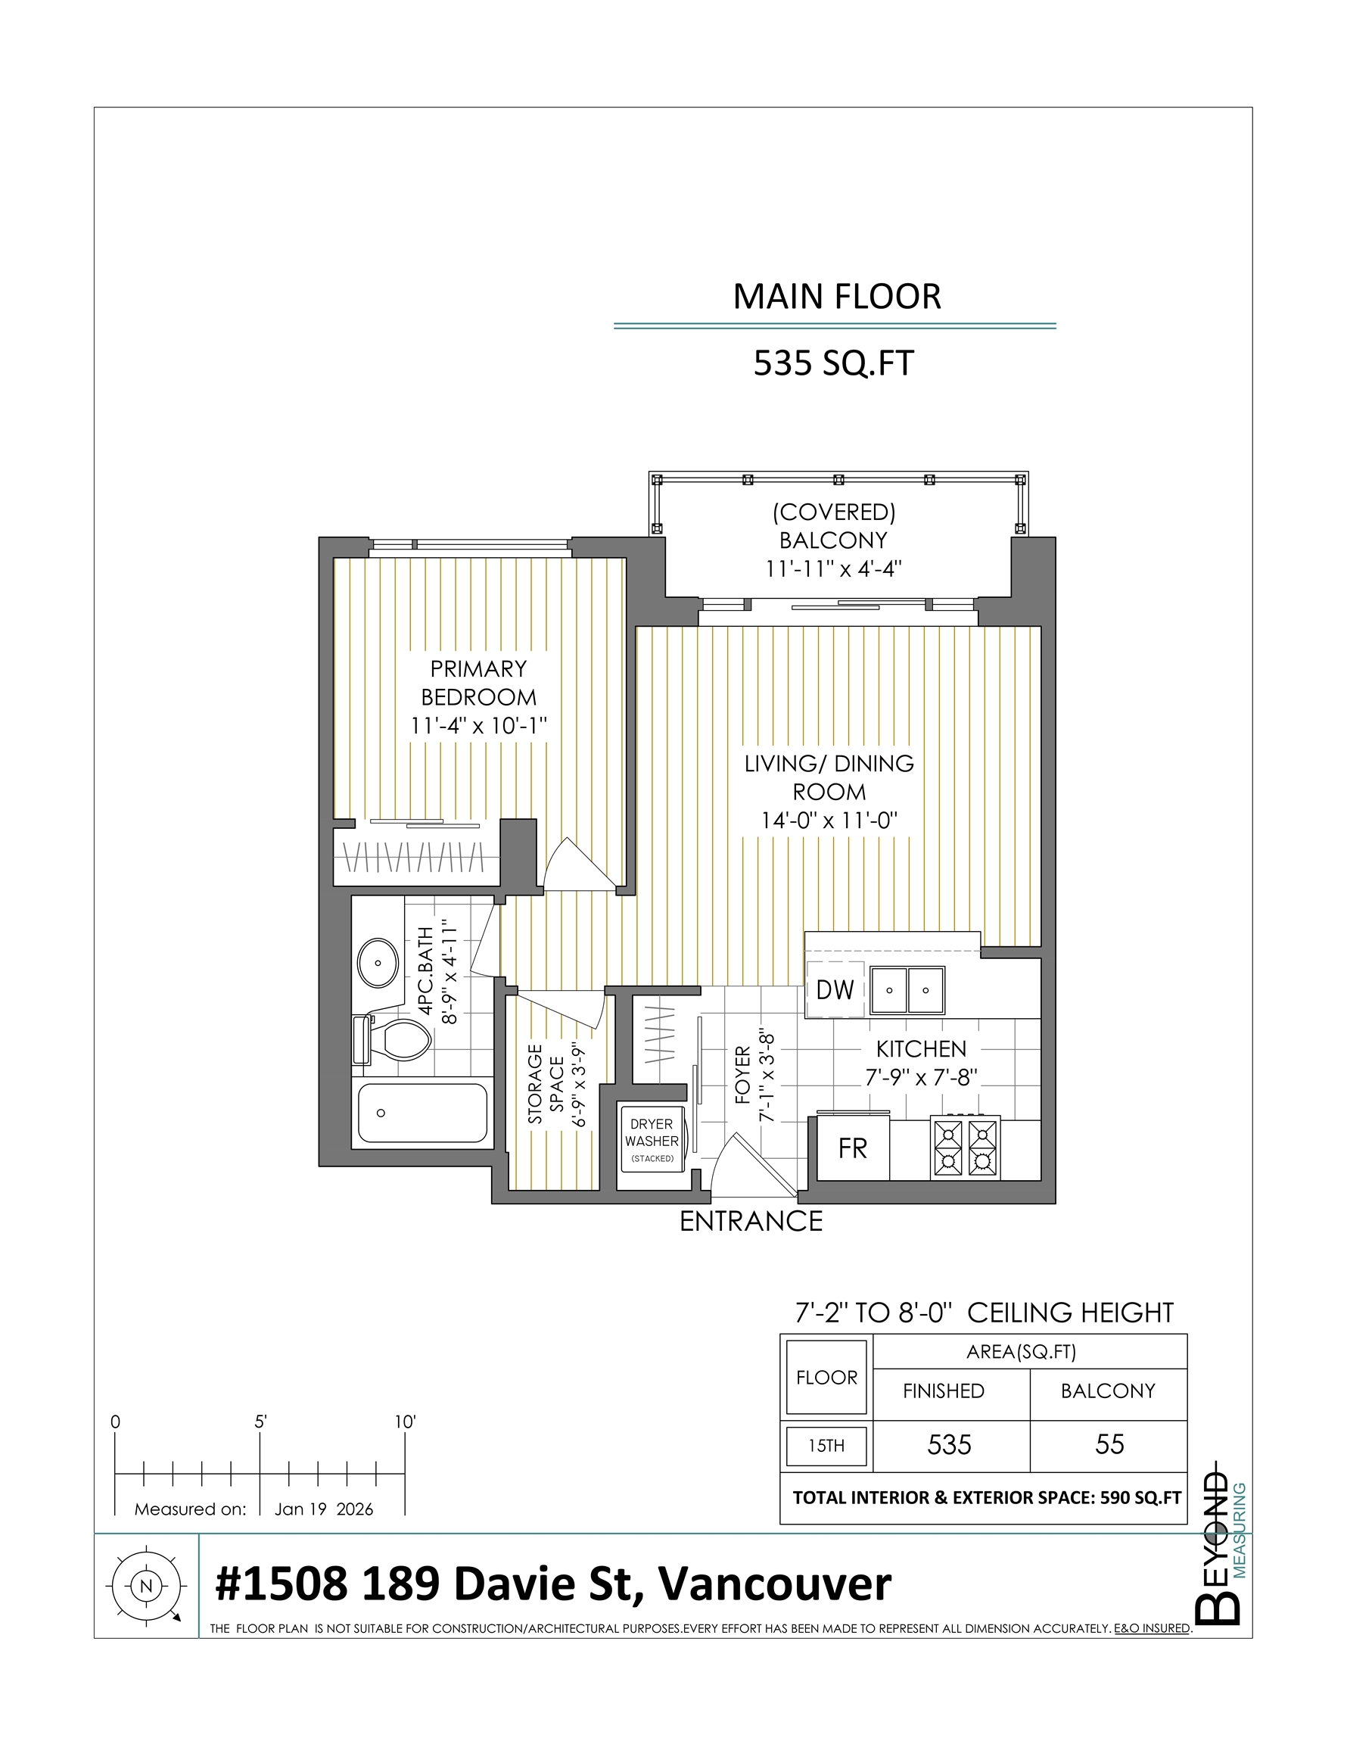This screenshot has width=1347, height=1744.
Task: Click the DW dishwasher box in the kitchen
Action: coord(835,989)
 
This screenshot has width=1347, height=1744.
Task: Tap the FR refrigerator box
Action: coord(853,1148)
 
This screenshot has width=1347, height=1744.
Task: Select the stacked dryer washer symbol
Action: coord(652,1139)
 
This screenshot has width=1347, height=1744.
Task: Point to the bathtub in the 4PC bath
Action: coord(422,1113)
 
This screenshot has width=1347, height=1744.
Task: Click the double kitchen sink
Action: coord(907,990)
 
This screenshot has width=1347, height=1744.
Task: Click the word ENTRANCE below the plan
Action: coord(751,1222)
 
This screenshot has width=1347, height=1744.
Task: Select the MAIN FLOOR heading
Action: coord(837,296)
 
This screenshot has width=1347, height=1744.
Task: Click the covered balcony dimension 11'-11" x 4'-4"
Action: coord(832,568)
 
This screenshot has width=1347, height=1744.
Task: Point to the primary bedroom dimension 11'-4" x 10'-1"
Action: coord(478,726)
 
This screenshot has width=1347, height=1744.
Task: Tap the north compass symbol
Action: coord(145,1586)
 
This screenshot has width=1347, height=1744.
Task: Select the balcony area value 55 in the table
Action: coord(1109,1443)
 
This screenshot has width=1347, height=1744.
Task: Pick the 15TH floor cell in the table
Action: coord(826,1445)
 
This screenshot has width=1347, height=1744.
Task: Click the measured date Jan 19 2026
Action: coord(323,1509)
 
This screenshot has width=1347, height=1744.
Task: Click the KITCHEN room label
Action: coord(921,1048)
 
